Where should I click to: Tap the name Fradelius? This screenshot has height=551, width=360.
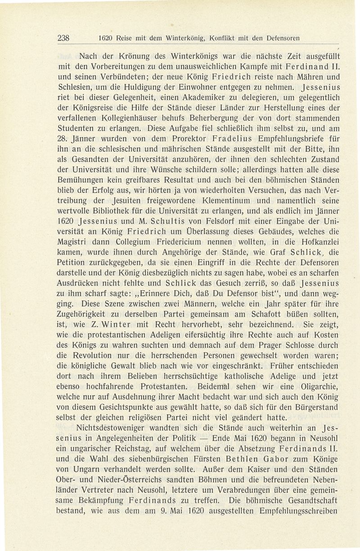click(217, 151)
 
